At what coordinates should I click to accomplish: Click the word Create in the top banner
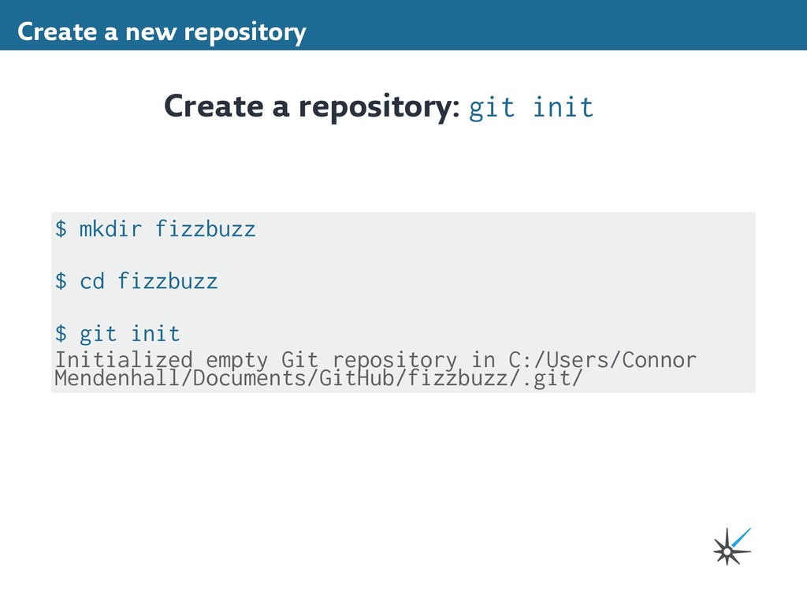pyautogui.click(x=46, y=32)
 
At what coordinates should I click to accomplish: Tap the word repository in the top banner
pyautogui.click(x=244, y=33)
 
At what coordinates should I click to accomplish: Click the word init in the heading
pyautogui.click(x=563, y=107)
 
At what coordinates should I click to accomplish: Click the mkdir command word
pyautogui.click(x=111, y=229)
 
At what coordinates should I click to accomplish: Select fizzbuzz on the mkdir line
pyautogui.click(x=206, y=229)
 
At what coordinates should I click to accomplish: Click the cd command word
pyautogui.click(x=92, y=280)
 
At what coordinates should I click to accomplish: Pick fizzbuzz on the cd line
pyautogui.click(x=168, y=280)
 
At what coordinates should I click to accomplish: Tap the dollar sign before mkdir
pyautogui.click(x=61, y=229)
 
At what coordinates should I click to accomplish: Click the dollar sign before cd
pyautogui.click(x=61, y=280)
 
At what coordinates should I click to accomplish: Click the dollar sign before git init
pyautogui.click(x=61, y=333)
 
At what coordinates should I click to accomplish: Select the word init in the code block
pyautogui.click(x=155, y=333)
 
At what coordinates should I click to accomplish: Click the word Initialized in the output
pyautogui.click(x=124, y=360)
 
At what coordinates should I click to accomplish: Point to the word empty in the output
pyautogui.click(x=237, y=360)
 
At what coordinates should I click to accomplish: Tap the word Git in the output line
pyautogui.click(x=300, y=360)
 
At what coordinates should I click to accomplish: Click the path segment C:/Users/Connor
pyautogui.click(x=603, y=360)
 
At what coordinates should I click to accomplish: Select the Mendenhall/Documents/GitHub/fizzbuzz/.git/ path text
pyautogui.click(x=319, y=379)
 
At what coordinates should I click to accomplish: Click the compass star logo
pyautogui.click(x=730, y=546)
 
